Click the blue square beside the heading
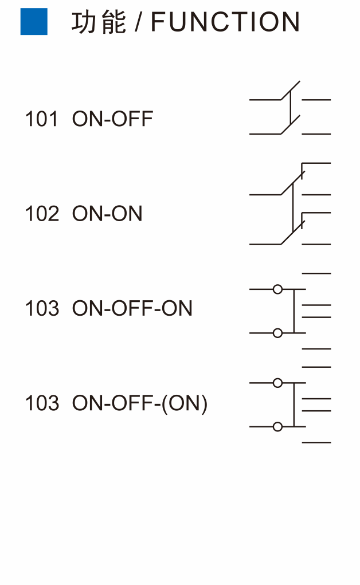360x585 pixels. [34, 22]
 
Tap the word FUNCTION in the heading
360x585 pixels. [225, 22]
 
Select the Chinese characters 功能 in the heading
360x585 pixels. [99, 22]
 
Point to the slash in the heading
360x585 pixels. [139, 22]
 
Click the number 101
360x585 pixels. [41, 119]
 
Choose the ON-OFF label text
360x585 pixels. [112, 119]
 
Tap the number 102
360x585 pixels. [42, 214]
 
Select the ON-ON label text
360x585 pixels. [107, 214]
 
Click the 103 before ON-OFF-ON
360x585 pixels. [42, 308]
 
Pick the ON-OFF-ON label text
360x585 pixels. [132, 308]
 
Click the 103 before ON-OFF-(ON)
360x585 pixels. [42, 403]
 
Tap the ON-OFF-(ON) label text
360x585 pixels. [140, 404]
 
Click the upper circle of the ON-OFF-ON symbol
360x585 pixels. [277, 289]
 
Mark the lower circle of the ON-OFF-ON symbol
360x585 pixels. [277, 333]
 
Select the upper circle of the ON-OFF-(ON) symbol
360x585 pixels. [277, 383]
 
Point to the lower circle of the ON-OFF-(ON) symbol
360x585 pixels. [277, 426]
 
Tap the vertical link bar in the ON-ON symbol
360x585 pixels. [293, 207]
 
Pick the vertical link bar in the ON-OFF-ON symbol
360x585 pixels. [294, 311]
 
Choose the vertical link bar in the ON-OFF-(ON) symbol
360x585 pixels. [294, 405]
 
